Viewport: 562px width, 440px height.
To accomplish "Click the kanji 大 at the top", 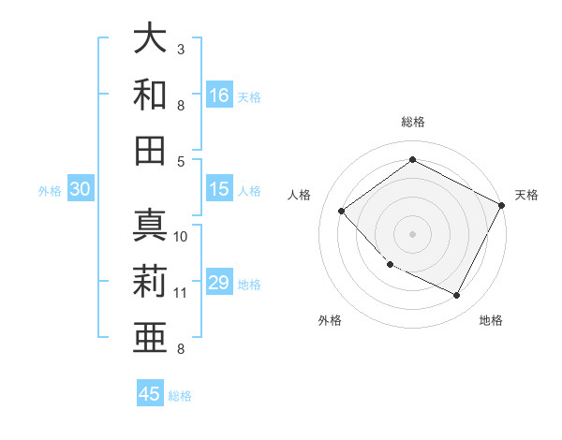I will [151, 38].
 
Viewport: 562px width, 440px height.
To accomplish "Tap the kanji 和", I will [151, 95].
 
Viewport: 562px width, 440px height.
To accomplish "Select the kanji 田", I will [151, 150].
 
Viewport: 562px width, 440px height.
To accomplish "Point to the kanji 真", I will [151, 225].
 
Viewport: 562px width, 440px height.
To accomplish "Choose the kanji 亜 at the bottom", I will [151, 337].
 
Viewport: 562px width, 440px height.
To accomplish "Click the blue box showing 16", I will [219, 95].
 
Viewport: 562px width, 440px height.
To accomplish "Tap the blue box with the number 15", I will [219, 189].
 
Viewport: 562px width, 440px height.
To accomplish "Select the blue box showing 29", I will [219, 283].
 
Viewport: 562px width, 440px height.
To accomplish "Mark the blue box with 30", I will [80, 189].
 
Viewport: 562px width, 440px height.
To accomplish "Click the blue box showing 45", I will [150, 394].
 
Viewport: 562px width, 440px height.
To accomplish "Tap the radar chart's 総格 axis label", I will [413, 122].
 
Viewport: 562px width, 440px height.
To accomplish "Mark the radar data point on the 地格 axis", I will [457, 296].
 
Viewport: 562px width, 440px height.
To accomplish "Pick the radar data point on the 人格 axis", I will [342, 211].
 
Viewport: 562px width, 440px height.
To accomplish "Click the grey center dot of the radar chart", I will [412, 233].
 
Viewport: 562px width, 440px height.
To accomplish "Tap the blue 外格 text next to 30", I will [50, 190].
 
